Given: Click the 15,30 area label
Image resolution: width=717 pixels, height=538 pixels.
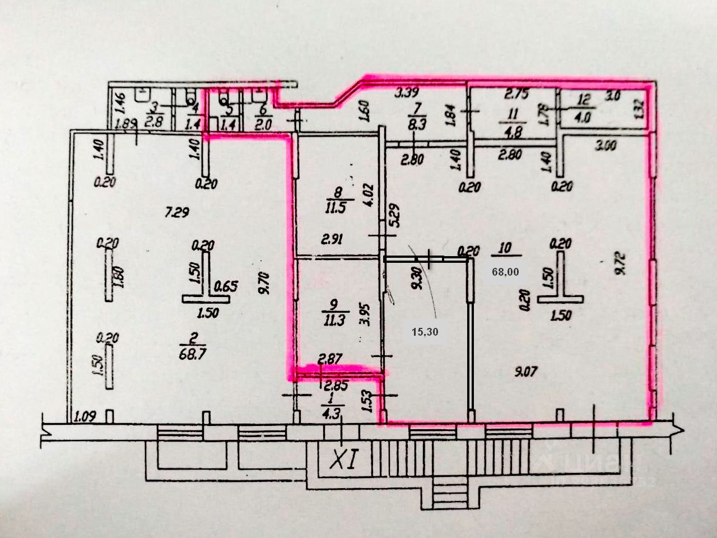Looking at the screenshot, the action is click(x=425, y=332).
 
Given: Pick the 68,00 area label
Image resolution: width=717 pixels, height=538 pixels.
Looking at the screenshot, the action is click(x=505, y=272).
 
